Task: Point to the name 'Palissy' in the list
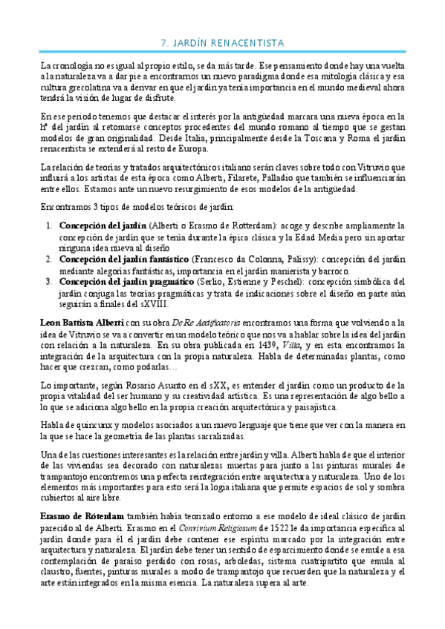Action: [x=275, y=258]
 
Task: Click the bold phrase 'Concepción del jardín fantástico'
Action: [x=123, y=258]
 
